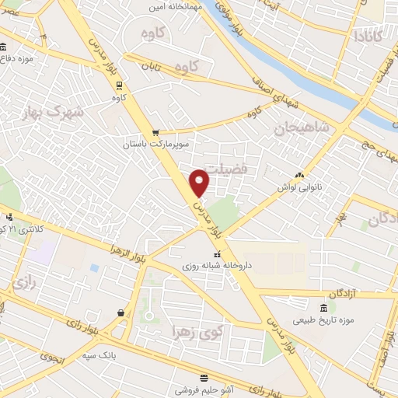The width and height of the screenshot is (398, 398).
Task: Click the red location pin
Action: (x=200, y=182)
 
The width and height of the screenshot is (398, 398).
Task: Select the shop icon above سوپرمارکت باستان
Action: (x=156, y=132)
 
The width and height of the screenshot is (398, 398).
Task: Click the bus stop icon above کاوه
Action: (x=119, y=86)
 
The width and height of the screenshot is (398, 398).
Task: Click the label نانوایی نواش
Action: (x=299, y=187)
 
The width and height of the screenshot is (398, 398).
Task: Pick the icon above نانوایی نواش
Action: (x=298, y=176)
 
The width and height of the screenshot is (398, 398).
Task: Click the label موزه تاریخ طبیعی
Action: (x=323, y=319)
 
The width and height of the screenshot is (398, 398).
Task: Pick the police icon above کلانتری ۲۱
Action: (x=9, y=218)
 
